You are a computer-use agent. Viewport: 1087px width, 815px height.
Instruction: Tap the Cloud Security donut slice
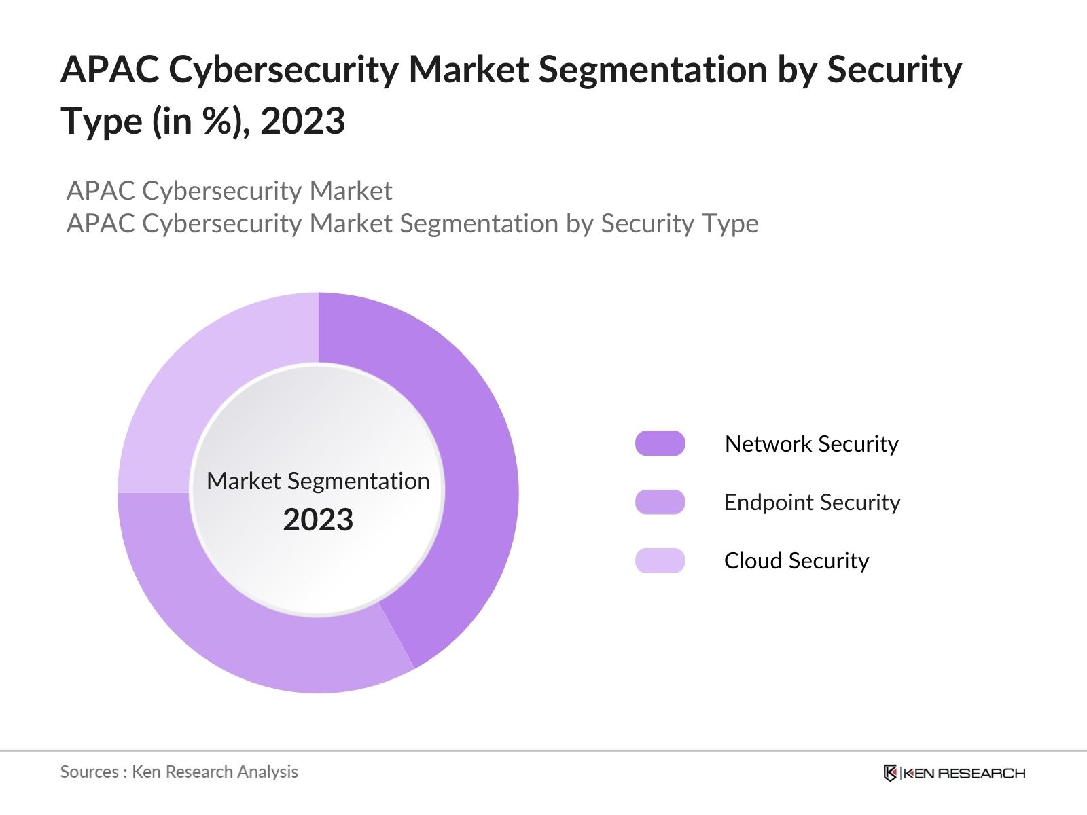(x=204, y=380)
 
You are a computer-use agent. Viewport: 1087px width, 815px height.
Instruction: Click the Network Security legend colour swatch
(x=660, y=443)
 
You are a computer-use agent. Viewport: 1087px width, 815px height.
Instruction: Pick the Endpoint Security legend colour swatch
(x=660, y=502)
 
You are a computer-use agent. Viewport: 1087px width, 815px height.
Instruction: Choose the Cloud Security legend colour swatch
(x=660, y=561)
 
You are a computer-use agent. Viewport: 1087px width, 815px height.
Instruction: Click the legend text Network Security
(x=811, y=443)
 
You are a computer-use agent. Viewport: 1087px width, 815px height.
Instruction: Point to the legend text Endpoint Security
(x=812, y=502)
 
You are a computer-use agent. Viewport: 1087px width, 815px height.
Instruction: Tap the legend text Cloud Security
(x=796, y=561)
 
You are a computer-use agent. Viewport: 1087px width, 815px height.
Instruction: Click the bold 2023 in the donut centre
(x=318, y=520)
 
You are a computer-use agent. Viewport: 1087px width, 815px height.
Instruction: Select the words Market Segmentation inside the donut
(x=318, y=481)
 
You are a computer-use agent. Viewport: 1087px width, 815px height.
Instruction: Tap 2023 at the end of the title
(x=302, y=122)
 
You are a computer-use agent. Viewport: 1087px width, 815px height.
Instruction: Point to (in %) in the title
(x=201, y=122)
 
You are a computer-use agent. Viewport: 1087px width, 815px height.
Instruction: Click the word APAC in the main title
(x=110, y=70)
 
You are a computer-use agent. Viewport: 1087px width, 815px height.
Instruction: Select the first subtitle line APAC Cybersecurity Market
(x=229, y=191)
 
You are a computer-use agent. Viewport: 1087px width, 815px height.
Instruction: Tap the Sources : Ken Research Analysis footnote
(x=179, y=772)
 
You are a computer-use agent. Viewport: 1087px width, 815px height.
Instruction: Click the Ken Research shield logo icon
(x=890, y=773)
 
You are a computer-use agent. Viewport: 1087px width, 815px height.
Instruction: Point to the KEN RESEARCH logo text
(x=963, y=773)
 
